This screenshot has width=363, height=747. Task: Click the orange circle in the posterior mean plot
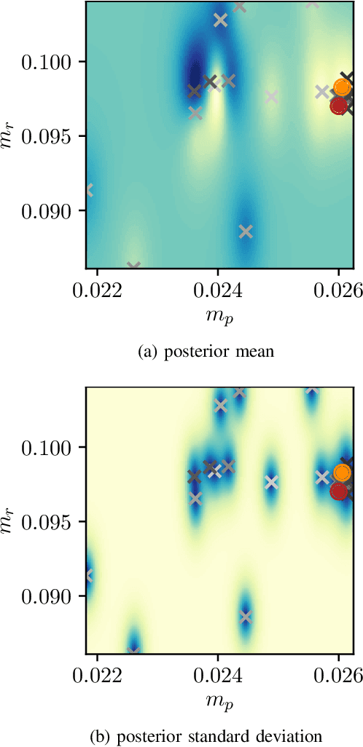pos(343,87)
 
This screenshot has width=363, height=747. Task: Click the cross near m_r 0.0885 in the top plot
pos(246,232)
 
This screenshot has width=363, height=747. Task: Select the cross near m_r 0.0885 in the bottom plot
pos(246,617)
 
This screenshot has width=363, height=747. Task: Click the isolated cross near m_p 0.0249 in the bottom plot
pos(271,482)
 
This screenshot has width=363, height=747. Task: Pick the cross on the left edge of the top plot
pos(88,190)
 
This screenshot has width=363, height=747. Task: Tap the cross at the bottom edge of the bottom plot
pos(133,650)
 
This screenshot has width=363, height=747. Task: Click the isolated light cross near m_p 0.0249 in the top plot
pos(272,96)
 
